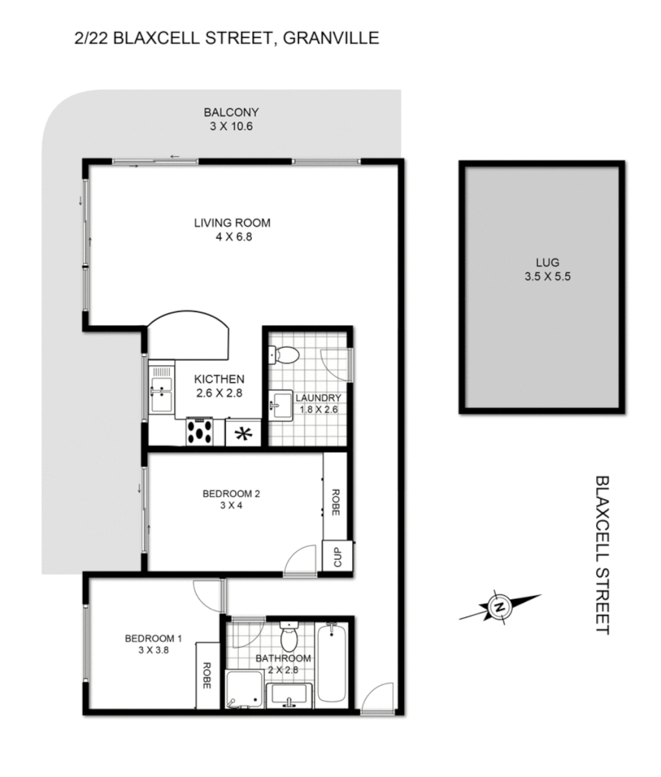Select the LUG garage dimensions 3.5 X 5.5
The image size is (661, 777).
(541, 277)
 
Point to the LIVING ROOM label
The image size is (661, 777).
(232, 223)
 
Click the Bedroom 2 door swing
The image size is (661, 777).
(302, 560)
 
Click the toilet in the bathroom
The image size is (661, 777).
(288, 638)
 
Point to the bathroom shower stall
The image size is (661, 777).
(243, 689)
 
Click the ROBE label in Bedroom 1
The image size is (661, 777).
(206, 674)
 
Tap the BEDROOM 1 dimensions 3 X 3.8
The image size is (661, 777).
(153, 651)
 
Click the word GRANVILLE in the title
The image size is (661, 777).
(331, 37)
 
